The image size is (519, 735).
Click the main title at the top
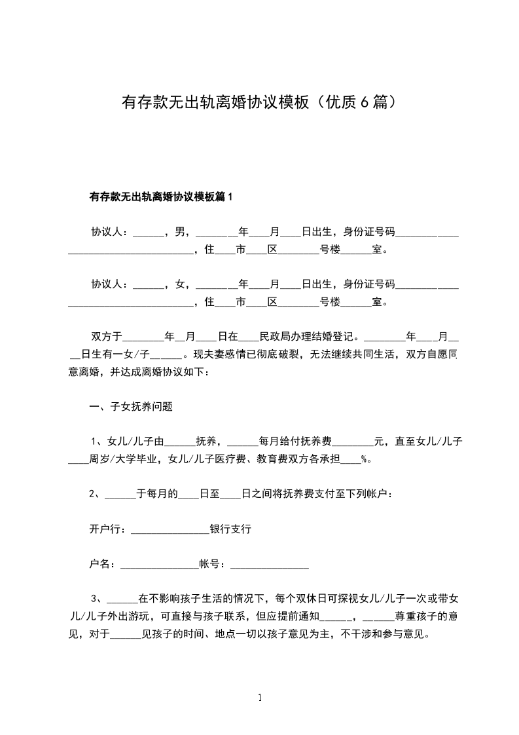pos(259,102)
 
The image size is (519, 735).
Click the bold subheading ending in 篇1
pos(161,197)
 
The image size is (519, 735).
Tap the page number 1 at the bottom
pos(260,698)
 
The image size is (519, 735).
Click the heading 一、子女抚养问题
pos(131,406)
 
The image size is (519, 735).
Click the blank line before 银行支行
pos(170,529)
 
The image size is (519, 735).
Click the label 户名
pos(101,563)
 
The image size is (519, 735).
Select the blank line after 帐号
pos(270,564)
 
